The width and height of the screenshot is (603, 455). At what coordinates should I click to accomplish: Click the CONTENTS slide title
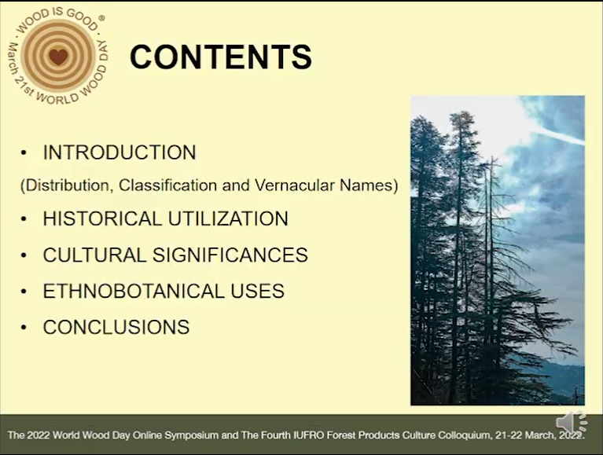coord(221,57)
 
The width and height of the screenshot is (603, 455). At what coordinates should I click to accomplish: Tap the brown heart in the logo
coord(58,57)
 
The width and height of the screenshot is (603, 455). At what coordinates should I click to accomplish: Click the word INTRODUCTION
coord(119,152)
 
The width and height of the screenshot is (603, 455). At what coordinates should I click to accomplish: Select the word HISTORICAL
coord(102,218)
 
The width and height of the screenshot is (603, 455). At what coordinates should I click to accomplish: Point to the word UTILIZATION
coord(228,218)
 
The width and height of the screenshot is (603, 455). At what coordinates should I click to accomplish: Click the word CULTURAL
coord(94,255)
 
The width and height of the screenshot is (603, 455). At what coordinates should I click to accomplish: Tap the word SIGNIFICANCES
coord(230,255)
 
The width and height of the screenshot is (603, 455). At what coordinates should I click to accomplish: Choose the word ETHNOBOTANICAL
coord(134,291)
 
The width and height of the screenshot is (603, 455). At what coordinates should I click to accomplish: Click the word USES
coord(257,291)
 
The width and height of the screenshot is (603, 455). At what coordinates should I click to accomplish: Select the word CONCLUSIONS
coord(116,327)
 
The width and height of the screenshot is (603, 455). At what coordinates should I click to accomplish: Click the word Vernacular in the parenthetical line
coord(294,185)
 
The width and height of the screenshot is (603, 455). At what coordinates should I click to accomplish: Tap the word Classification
coord(168,185)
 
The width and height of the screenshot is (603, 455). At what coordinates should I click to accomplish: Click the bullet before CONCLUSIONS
coord(24,328)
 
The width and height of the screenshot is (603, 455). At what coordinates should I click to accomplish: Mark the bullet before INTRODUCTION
coord(24,153)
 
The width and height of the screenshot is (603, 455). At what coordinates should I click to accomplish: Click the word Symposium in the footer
coord(192,436)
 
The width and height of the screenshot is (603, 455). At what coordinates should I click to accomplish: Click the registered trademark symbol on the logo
coord(101,18)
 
